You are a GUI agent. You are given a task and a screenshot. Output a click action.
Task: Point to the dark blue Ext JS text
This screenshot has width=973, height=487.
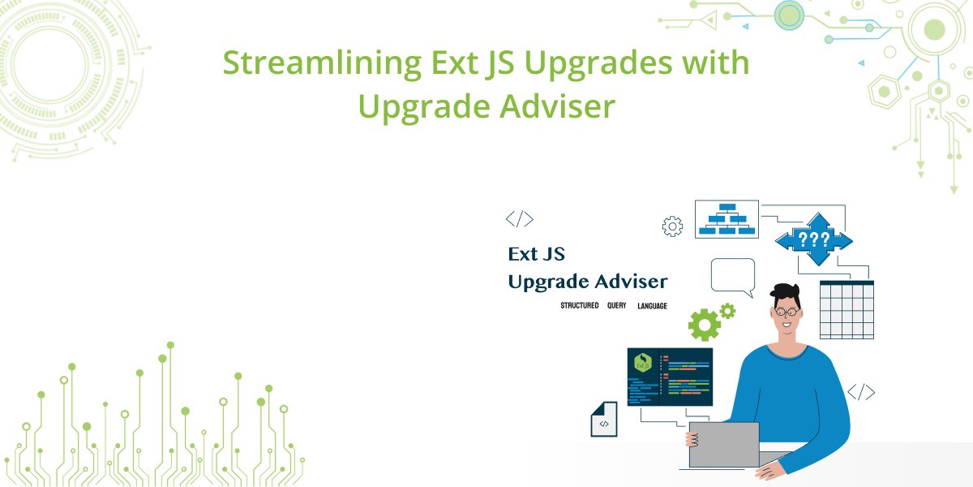(536, 254)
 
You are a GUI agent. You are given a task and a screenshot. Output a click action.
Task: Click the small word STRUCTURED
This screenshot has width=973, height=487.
(579, 306)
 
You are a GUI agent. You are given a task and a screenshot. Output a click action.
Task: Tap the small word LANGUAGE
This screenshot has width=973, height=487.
(652, 306)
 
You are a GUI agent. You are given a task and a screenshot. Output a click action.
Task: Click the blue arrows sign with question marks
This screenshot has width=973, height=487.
(813, 239)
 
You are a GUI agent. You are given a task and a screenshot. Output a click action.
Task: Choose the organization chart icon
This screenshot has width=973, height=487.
(727, 219)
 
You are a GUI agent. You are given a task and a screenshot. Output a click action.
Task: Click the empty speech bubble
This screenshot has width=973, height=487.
(732, 275)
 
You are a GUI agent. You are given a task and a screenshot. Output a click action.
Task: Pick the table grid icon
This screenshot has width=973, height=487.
(847, 309)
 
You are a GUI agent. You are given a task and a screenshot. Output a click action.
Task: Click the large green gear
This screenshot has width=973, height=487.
(704, 325)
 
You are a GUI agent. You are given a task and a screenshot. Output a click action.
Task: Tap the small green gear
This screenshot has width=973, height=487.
(727, 309)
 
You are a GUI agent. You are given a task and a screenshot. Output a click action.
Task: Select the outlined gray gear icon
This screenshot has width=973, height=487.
(672, 226)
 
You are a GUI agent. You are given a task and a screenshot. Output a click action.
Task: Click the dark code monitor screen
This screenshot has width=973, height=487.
(670, 377)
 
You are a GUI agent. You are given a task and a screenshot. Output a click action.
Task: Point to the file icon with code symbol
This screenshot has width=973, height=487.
(604, 420)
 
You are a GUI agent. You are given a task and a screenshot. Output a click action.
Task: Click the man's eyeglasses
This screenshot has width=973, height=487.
(787, 311)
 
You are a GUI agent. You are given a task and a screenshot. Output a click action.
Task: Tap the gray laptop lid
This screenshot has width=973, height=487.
(723, 444)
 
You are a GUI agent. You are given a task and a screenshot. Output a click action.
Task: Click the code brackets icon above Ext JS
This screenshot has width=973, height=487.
(520, 218)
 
